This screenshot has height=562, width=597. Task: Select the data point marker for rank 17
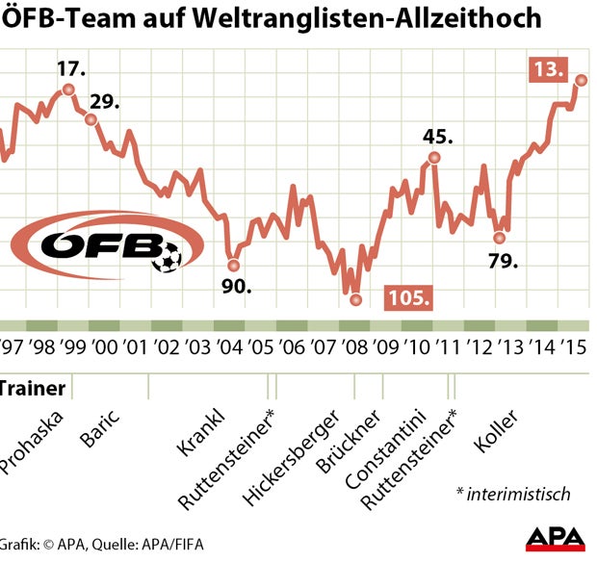pos(68,89)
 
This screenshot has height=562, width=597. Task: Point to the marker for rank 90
pos(231,264)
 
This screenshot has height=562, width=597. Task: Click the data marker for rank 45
pos(435,158)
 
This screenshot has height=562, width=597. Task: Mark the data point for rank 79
pos(499,237)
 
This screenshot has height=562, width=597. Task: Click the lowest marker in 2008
pos(355,299)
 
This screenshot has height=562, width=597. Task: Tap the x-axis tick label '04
pos(229,346)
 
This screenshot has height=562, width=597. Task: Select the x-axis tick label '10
pos(416,346)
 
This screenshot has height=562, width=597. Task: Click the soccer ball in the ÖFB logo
pos(169,257)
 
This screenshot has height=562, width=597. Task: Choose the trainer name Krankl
pos(200,432)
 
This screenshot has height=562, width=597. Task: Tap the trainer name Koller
pos(497,431)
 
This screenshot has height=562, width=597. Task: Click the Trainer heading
pos(32,389)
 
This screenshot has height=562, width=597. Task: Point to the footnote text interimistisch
pos(513,494)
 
